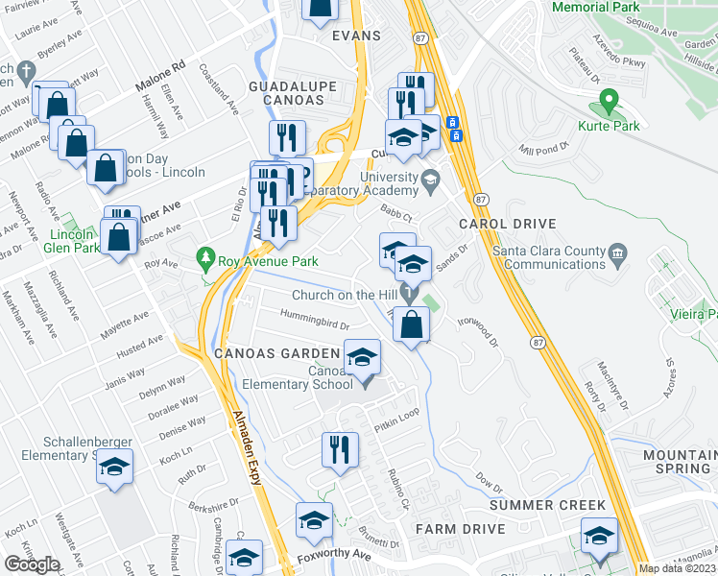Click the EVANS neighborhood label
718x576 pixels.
click(x=356, y=36)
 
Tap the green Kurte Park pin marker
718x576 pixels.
click(x=607, y=101)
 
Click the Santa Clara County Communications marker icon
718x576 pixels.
click(x=617, y=253)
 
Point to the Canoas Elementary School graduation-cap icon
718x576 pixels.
click(x=361, y=359)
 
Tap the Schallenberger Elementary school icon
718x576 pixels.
click(x=114, y=468)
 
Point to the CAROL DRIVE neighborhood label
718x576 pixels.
click(x=507, y=224)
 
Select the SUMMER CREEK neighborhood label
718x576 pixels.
click(x=548, y=505)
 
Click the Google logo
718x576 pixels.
click(x=32, y=564)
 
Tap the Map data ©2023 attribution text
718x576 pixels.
click(x=678, y=569)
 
